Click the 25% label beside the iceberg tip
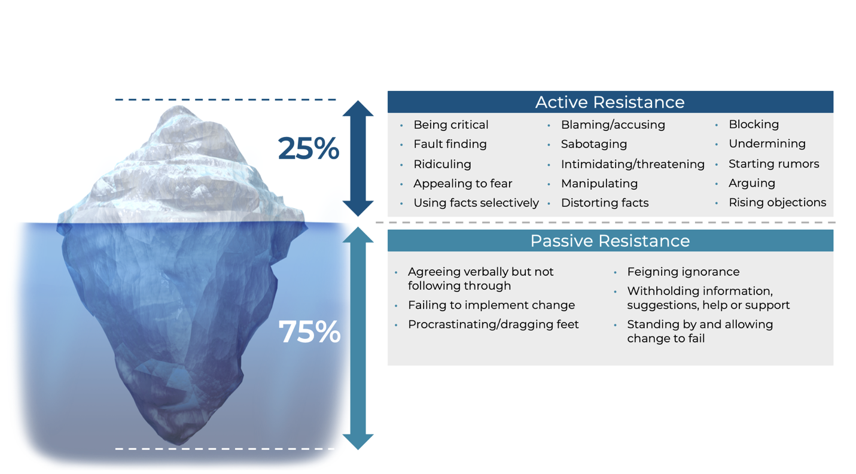pyautogui.click(x=309, y=148)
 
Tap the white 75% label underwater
pyautogui.click(x=309, y=332)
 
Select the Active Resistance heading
pyautogui.click(x=610, y=102)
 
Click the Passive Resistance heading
pyautogui.click(x=610, y=241)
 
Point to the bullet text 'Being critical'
pyautogui.click(x=451, y=124)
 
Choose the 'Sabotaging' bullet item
pyautogui.click(x=594, y=144)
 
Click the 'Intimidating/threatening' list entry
pyautogui.click(x=632, y=164)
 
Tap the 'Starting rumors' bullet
pyautogui.click(x=774, y=163)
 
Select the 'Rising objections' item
pyautogui.click(x=777, y=202)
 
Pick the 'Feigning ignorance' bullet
pyautogui.click(x=683, y=272)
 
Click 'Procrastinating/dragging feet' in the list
pyautogui.click(x=494, y=324)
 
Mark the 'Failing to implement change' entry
pyautogui.click(x=492, y=305)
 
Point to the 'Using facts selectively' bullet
pyautogui.click(x=476, y=203)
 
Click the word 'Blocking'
pyautogui.click(x=754, y=124)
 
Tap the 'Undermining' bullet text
pyautogui.click(x=767, y=144)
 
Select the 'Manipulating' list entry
pyautogui.click(x=599, y=184)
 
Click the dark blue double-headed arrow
pyautogui.click(x=358, y=158)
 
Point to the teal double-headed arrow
pyautogui.click(x=358, y=338)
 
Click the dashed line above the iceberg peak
pyautogui.click(x=226, y=100)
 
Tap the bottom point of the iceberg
pyautogui.click(x=178, y=445)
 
